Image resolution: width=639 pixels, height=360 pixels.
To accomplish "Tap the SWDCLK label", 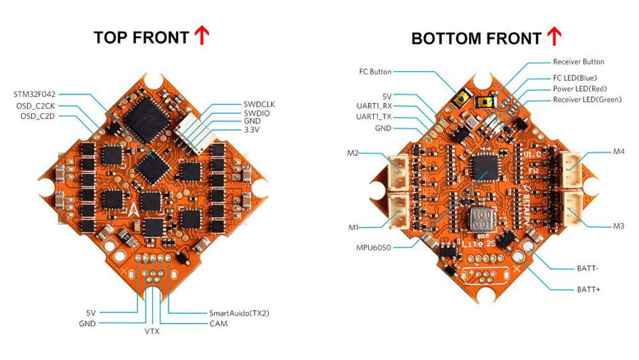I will click(x=262, y=104).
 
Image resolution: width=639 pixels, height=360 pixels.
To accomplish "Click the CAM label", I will click(x=218, y=324).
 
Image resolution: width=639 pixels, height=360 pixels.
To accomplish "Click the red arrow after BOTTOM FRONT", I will click(x=555, y=36).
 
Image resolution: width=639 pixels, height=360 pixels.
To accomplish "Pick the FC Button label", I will click(x=375, y=72).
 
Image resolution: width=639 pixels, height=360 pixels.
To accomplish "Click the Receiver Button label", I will click(x=578, y=62).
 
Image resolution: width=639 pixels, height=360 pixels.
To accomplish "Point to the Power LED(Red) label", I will click(x=580, y=88).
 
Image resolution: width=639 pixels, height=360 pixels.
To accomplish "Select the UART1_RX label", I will click(x=374, y=106).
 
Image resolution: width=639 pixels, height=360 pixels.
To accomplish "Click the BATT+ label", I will click(x=587, y=290).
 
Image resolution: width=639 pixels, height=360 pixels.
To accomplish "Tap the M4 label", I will click(x=618, y=152).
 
